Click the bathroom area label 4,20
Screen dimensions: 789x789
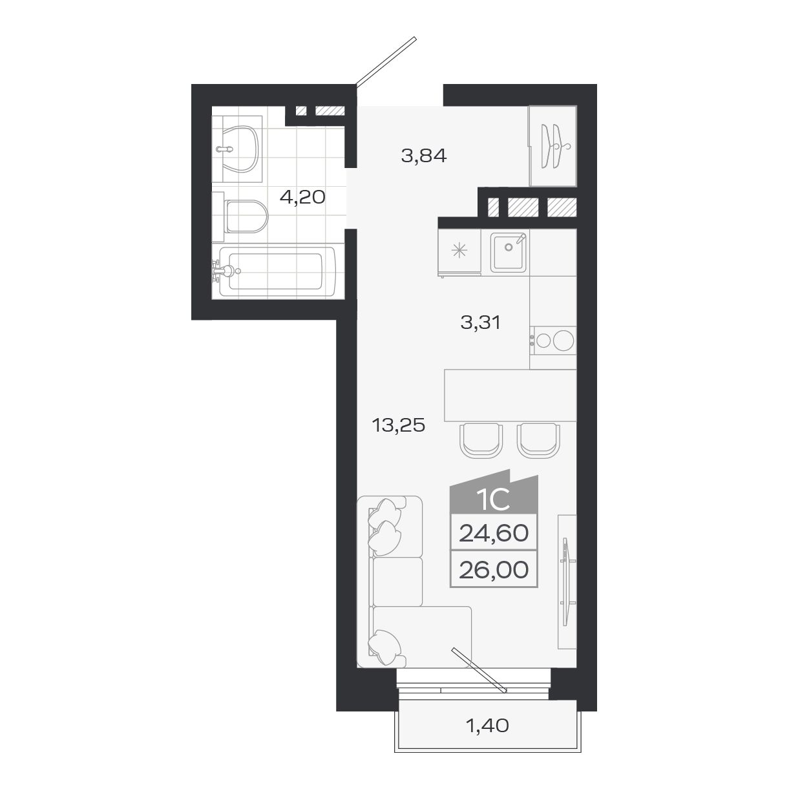[x=302, y=197]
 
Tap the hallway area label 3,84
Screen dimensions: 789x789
[x=423, y=156]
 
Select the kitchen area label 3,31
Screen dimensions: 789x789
[x=481, y=322]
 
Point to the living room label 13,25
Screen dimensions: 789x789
[x=398, y=425]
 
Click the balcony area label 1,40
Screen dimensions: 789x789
[x=487, y=726]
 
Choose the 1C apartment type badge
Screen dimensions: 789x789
[x=494, y=498]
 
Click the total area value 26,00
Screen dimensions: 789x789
[x=494, y=569]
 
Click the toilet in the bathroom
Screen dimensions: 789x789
[x=244, y=216]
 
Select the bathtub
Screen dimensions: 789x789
[x=271, y=272]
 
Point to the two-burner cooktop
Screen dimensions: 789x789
[x=553, y=340]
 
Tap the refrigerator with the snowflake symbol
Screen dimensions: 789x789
[x=459, y=251]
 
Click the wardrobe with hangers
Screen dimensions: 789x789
[x=552, y=145]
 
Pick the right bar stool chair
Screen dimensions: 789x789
[x=538, y=439]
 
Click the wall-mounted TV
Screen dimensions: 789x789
[x=567, y=582]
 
